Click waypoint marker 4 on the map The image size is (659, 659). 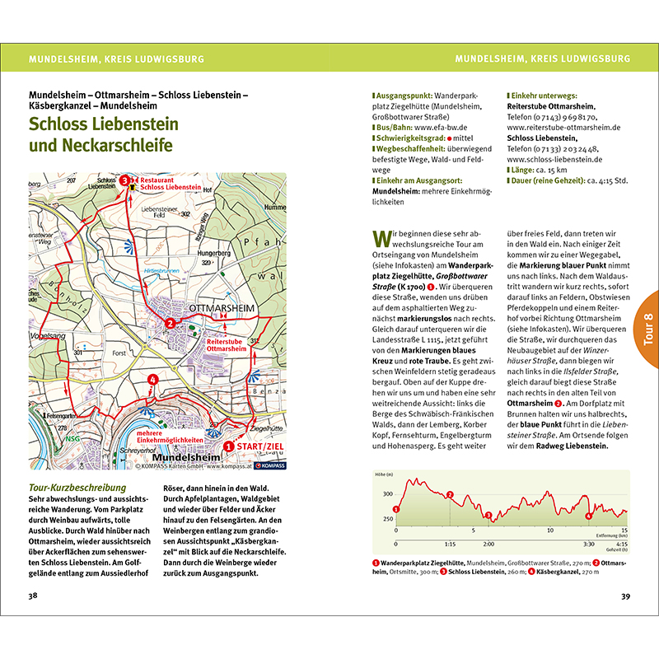click(x=152, y=380)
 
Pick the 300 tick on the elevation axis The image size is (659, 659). click(x=387, y=493)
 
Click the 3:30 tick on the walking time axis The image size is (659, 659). click(x=588, y=544)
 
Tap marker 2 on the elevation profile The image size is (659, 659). click(x=450, y=495)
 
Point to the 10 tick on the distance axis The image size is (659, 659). click(x=549, y=531)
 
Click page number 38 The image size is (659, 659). click(x=33, y=596)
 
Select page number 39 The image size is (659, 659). click(x=624, y=596)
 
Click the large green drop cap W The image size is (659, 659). click(x=381, y=240)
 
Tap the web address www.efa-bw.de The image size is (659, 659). click(x=441, y=129)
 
